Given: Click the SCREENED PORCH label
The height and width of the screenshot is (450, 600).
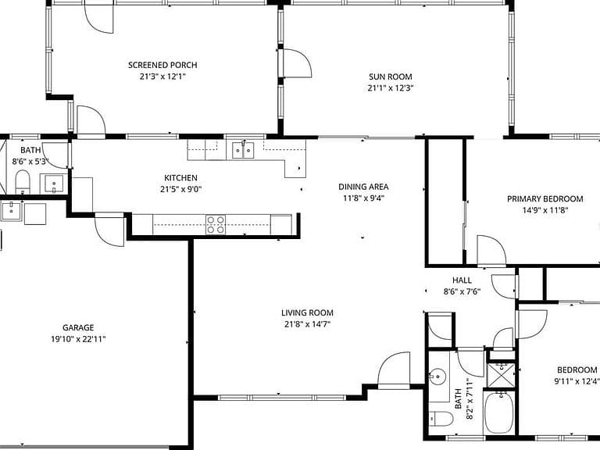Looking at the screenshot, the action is click(162, 65).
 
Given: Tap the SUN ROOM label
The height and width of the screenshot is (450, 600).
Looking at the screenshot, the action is click(391, 77).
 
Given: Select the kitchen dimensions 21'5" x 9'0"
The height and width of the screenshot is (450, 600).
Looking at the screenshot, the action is click(180, 189).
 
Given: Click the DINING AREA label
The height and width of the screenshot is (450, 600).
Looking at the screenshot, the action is click(363, 187).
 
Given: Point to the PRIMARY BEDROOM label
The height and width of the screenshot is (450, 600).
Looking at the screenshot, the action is click(545, 198).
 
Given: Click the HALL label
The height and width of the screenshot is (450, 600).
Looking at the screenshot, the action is click(462, 280).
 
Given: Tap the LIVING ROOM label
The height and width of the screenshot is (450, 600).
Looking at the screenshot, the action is click(307, 312).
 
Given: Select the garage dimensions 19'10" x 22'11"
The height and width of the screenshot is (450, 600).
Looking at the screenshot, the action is click(78, 339).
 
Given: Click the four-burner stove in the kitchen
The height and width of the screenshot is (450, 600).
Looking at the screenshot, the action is click(216, 225).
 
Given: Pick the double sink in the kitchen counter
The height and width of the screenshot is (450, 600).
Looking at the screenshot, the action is click(243, 150).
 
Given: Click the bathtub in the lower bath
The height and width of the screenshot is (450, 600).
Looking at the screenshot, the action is click(499, 412).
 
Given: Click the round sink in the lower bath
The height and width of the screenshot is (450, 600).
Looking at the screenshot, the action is click(437, 377).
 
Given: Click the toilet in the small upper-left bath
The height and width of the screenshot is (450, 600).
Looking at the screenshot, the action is click(22, 181).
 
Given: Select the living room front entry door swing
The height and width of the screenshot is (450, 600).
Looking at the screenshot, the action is click(394, 369).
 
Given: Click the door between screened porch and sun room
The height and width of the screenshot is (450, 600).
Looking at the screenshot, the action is click(297, 63).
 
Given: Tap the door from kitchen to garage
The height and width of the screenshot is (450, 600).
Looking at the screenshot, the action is click(110, 231).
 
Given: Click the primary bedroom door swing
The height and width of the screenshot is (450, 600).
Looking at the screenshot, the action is click(491, 250).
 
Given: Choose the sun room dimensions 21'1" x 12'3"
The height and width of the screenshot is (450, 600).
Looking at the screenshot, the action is click(391, 88).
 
